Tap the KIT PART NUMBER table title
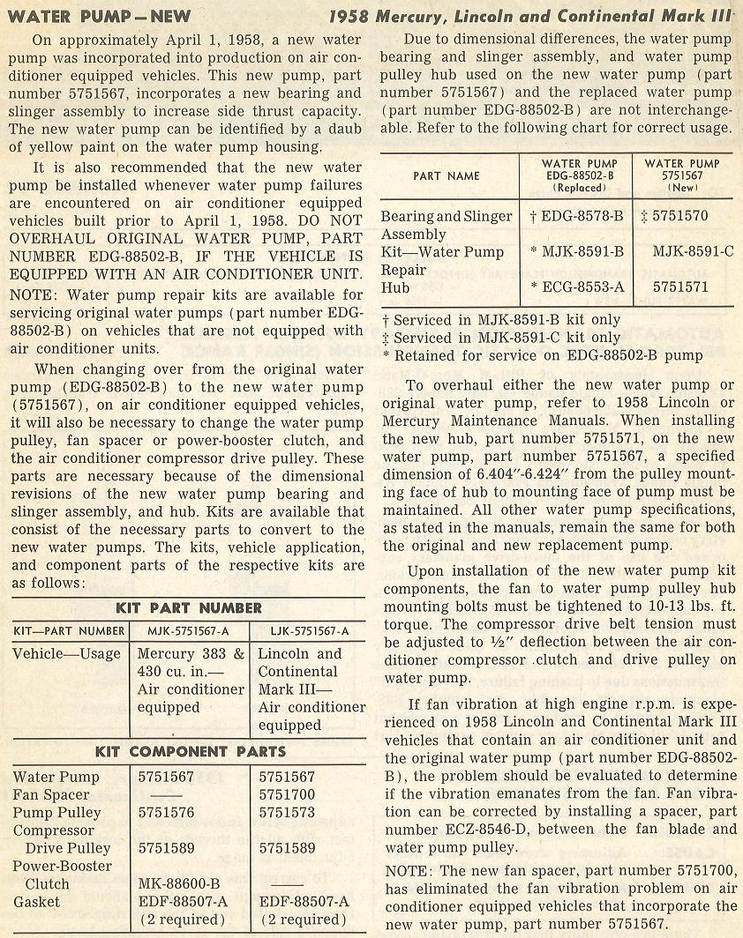(189, 607)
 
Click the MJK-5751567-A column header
(189, 630)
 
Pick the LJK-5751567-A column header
(306, 630)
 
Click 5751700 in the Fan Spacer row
(286, 795)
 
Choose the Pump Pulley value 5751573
(286, 813)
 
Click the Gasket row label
(37, 901)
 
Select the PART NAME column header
(447, 175)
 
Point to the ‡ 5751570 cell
(674, 217)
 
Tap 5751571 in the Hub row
(681, 287)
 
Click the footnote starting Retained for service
(548, 355)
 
